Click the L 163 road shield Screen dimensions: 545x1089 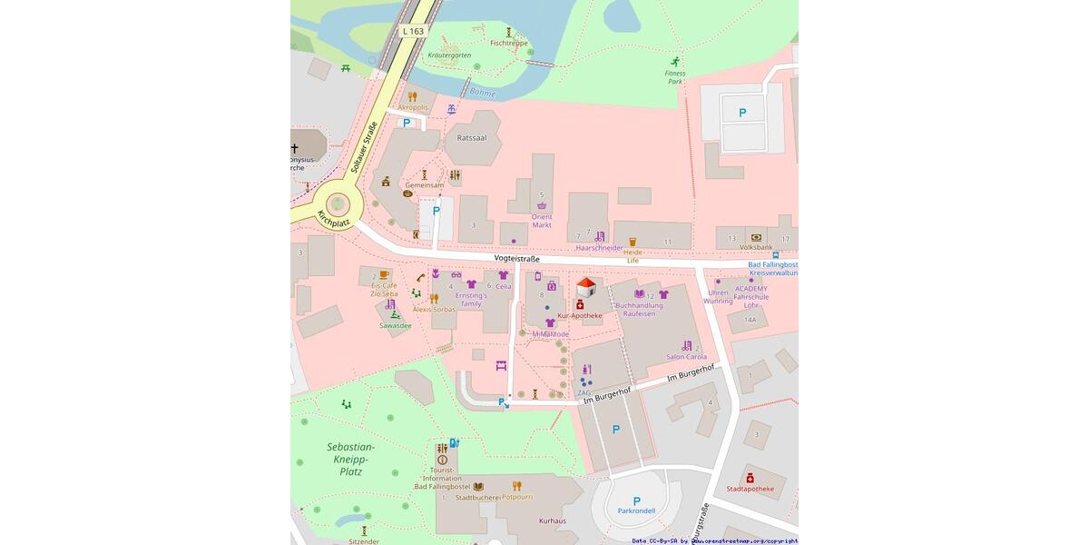pyautogui.click(x=413, y=31)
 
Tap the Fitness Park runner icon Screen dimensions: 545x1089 pyautogui.click(x=675, y=62)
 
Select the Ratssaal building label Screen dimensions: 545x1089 pyautogui.click(x=471, y=138)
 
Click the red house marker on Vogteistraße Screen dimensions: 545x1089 pyautogui.click(x=586, y=287)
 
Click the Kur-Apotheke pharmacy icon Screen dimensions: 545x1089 pyautogui.click(x=580, y=304)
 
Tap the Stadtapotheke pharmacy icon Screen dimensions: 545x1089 pyautogui.click(x=750, y=478)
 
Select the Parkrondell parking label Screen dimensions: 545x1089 pyautogui.click(x=636, y=510)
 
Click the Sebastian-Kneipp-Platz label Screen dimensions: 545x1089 pyautogui.click(x=350, y=459)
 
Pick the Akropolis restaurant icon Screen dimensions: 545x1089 pyautogui.click(x=412, y=96)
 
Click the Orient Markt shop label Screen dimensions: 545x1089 pyautogui.click(x=542, y=221)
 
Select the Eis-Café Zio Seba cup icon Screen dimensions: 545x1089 pyautogui.click(x=384, y=274)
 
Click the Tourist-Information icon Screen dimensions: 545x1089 pyautogui.click(x=442, y=461)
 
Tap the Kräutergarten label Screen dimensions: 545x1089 pyautogui.click(x=449, y=55)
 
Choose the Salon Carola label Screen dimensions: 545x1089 pyautogui.click(x=686, y=357)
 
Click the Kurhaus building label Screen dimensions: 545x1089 pyautogui.click(x=552, y=520)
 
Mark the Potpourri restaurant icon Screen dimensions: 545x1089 pyautogui.click(x=516, y=486)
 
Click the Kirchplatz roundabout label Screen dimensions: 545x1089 pyautogui.click(x=333, y=218)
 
